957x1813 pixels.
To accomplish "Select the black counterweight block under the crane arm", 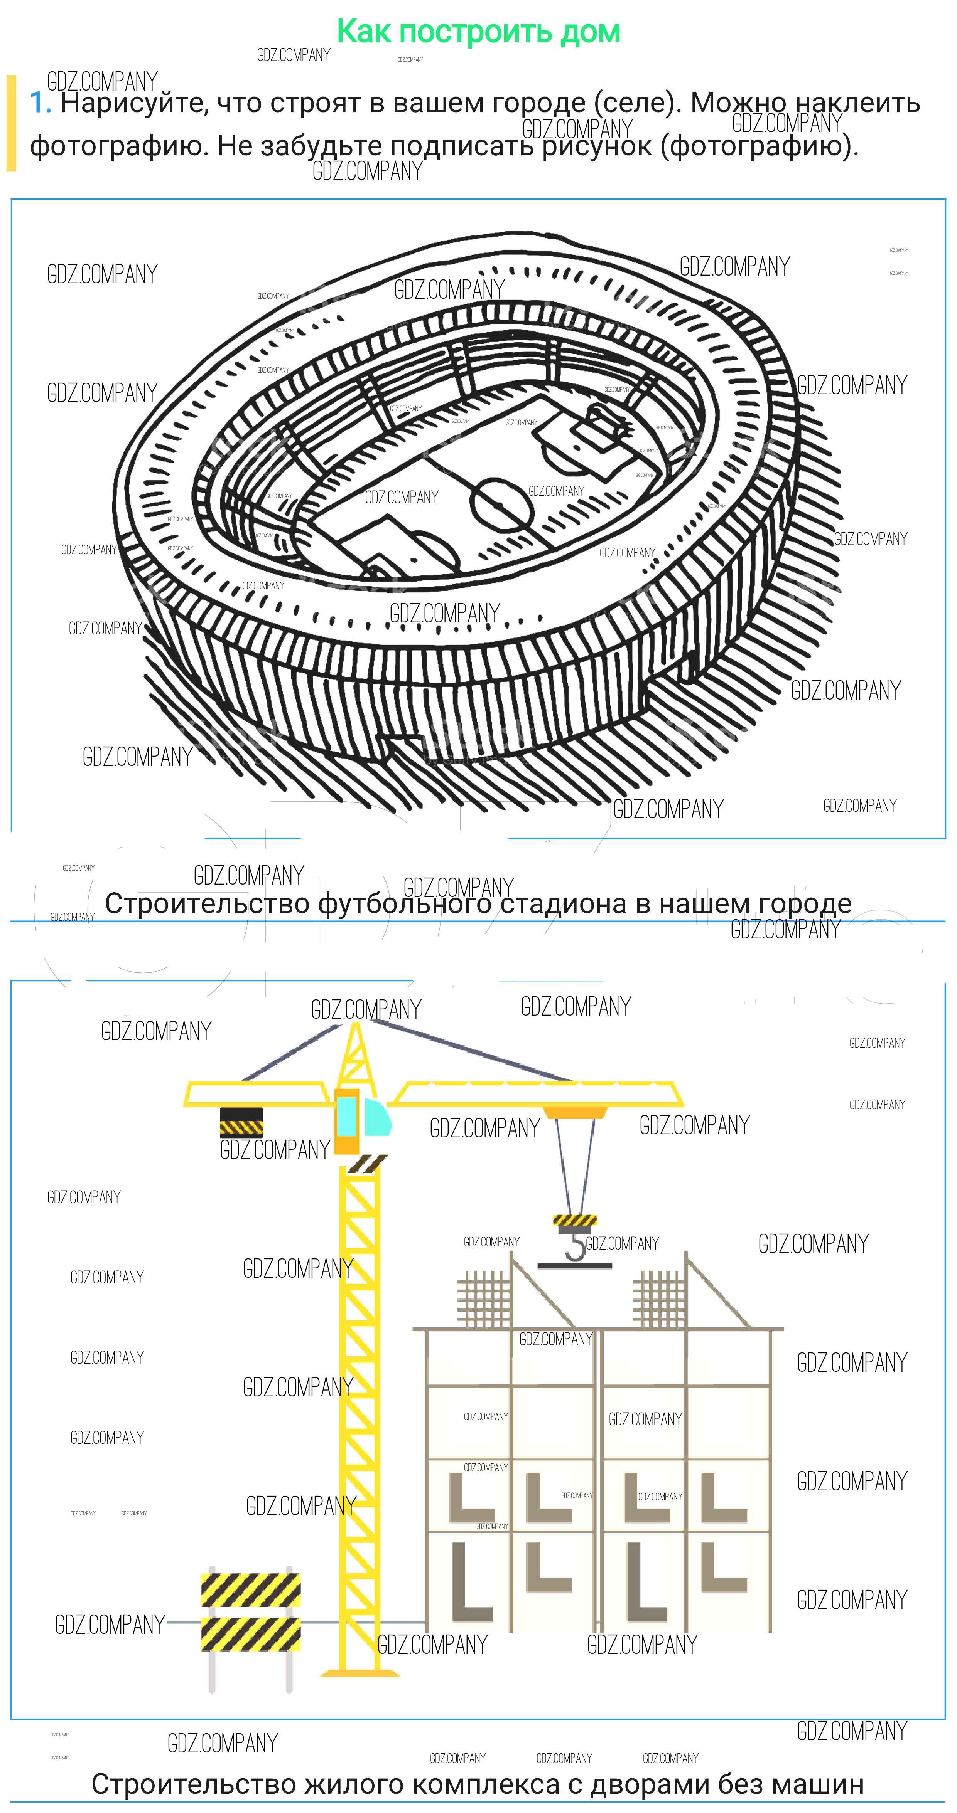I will tap(241, 1123).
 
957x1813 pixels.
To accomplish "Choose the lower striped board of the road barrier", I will tap(250, 1634).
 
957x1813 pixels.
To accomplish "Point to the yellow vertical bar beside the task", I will tap(10, 123).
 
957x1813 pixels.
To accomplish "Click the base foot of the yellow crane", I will tap(360, 1673).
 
